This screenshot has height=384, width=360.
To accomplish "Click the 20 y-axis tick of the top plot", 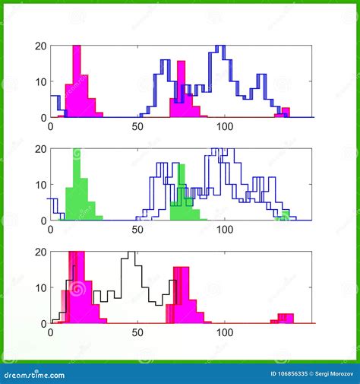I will pyautogui.click(x=41, y=46).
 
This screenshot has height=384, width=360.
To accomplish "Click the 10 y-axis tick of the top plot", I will pyautogui.click(x=41, y=81).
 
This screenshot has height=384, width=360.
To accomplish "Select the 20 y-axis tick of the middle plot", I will pyautogui.click(x=41, y=149).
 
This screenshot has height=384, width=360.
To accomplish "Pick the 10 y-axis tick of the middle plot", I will pyautogui.click(x=41, y=185).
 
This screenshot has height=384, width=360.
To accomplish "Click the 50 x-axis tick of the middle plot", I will pyautogui.click(x=137, y=229).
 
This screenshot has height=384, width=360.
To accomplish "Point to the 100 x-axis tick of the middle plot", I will pyautogui.click(x=225, y=229).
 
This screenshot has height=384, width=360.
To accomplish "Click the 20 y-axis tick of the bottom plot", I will pyautogui.click(x=41, y=252).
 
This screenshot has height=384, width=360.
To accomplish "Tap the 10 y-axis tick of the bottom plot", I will pyautogui.click(x=41, y=287).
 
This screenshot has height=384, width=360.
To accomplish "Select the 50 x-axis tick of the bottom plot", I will pyautogui.click(x=137, y=332).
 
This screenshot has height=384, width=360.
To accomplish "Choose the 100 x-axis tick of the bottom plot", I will pyautogui.click(x=225, y=332).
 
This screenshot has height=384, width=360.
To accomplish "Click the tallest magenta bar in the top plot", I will pyautogui.click(x=76, y=76).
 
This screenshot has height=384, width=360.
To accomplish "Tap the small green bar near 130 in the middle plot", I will pyautogui.click(x=283, y=216).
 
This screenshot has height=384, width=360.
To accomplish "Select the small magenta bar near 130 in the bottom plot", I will pyautogui.click(x=286, y=318).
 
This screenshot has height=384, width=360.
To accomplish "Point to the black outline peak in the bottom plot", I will pyautogui.click(x=132, y=255).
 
